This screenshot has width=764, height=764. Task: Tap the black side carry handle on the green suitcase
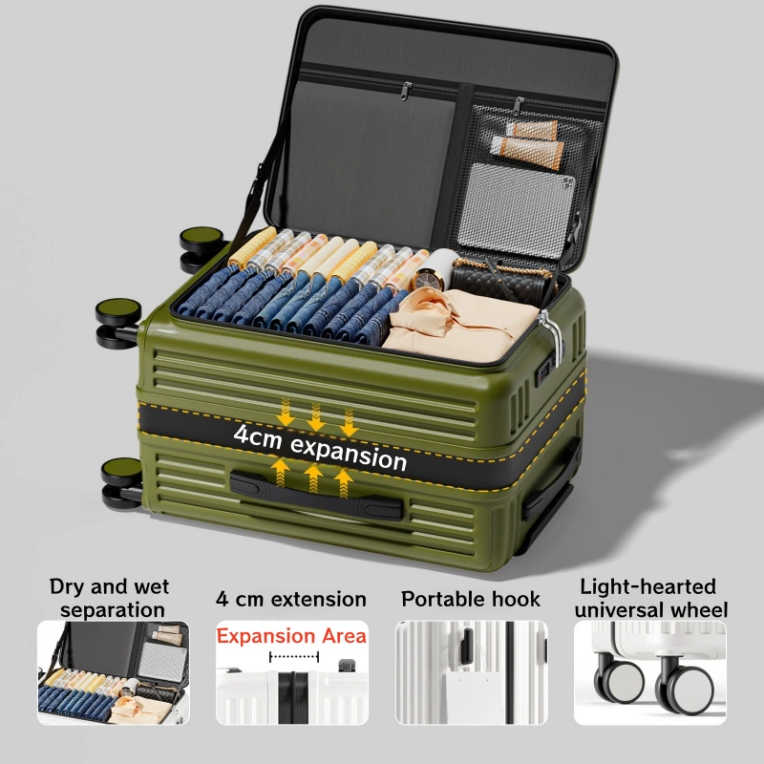(x=316, y=496)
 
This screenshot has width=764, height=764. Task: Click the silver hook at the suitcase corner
(x=552, y=336)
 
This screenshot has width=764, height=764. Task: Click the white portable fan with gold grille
(x=435, y=270)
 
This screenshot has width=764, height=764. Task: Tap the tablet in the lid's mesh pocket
(x=517, y=210)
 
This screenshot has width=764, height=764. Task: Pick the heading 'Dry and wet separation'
(x=110, y=598)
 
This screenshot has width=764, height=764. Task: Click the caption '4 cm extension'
(x=291, y=600)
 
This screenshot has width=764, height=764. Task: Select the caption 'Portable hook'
(x=471, y=600)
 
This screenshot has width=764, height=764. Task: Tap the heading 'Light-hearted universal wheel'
(x=650, y=599)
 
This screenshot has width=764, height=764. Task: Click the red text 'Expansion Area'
(x=291, y=636)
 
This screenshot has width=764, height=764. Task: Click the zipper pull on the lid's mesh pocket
(x=519, y=106)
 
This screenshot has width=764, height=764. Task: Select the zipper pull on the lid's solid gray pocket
(x=405, y=91)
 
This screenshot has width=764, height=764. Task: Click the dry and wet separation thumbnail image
(x=113, y=672)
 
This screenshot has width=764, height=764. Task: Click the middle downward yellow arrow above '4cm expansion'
(x=316, y=417)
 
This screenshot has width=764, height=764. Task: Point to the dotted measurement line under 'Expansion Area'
(x=294, y=656)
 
